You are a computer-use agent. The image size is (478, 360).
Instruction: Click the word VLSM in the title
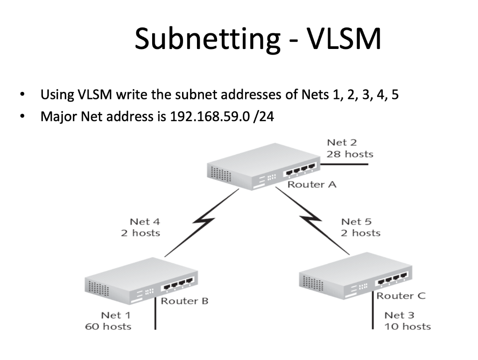(344, 39)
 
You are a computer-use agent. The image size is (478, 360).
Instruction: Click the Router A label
(311, 184)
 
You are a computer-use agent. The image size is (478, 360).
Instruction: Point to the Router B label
(184, 301)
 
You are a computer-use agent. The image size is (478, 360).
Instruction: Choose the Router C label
(401, 296)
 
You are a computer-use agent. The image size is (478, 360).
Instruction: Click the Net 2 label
(342, 143)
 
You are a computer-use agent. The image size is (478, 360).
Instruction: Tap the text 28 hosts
(350, 154)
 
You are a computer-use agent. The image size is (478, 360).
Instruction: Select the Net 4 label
(145, 222)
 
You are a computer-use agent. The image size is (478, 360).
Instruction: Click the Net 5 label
(356, 222)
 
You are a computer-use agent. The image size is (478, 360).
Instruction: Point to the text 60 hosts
(108, 326)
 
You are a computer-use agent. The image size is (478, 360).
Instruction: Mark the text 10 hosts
(408, 326)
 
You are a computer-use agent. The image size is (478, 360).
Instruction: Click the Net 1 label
(116, 316)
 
